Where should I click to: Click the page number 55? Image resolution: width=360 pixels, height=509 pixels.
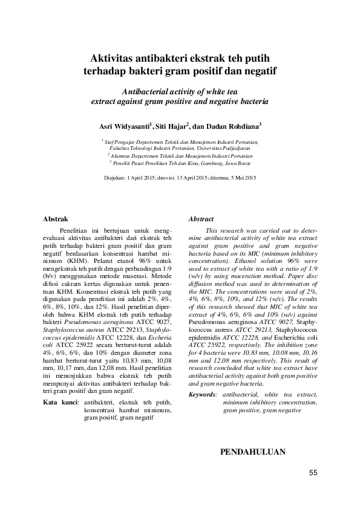313,473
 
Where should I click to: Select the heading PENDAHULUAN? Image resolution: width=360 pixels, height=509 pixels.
253,452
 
